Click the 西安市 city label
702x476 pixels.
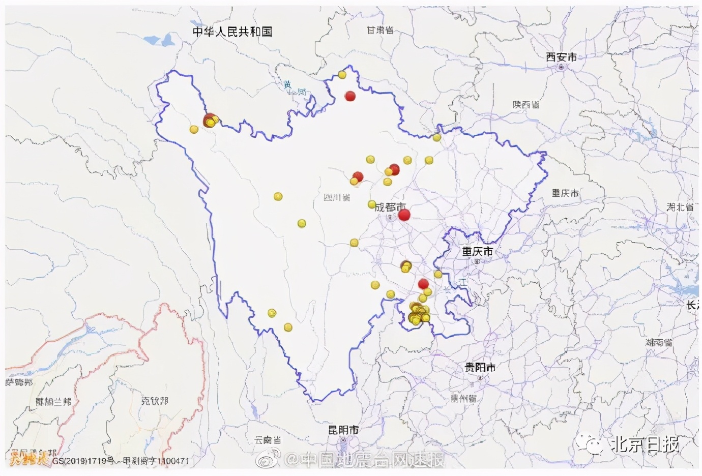561,57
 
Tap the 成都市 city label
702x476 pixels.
390,207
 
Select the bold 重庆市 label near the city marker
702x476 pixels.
477,251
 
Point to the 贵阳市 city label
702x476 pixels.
480,367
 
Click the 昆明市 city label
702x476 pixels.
343,430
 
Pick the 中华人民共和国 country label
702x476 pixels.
232,32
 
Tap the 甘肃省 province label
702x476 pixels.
380,31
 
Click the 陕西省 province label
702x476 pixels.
525,104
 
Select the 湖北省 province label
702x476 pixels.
680,207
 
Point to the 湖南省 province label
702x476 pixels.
659,342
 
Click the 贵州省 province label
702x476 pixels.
463,398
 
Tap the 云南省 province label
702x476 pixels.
268,440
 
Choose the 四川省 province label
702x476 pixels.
337,197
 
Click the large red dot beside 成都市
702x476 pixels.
404,215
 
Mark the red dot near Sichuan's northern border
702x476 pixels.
350,96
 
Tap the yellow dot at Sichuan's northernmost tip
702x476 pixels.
342,75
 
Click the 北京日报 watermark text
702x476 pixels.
645,444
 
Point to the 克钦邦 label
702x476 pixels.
154,401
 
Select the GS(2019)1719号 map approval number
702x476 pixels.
79,461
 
